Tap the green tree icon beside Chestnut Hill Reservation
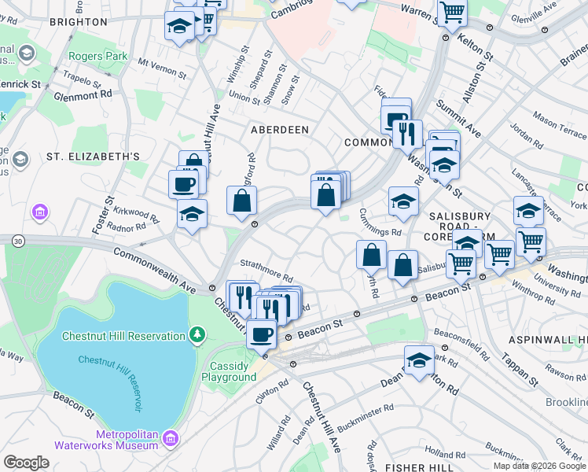[197, 336]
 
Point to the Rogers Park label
[97, 56]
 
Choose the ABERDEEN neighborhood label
[279, 128]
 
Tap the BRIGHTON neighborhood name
[78, 22]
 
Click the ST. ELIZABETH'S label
[93, 157]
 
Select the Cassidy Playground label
[232, 371]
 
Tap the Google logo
[26, 463]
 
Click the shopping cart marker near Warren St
[452, 13]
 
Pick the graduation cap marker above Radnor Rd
[192, 214]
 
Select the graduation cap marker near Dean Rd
[419, 360]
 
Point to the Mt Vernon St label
[163, 68]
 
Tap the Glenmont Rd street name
[83, 95]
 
